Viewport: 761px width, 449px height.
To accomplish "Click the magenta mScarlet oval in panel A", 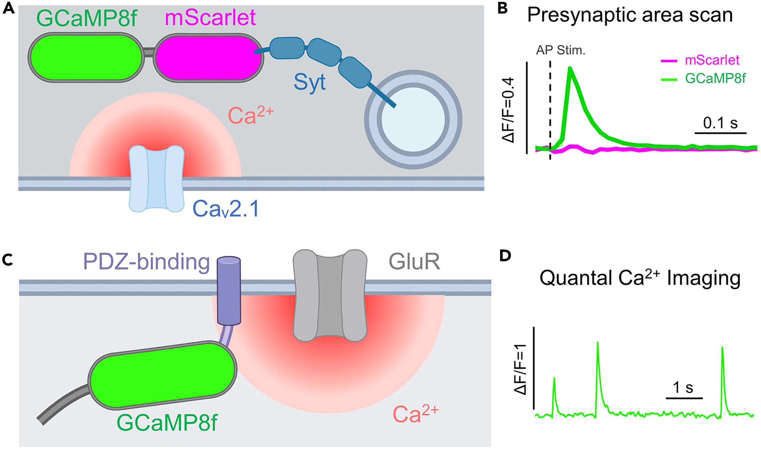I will pos(208,58).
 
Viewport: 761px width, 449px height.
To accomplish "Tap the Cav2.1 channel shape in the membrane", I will pos(156,178).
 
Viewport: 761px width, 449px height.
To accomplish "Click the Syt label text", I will pos(309,83).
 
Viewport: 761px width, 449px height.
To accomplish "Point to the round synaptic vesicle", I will pos(413,119).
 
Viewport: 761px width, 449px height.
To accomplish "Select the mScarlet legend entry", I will pos(711,60).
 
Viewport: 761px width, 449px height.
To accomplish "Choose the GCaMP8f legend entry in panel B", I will pos(715,79).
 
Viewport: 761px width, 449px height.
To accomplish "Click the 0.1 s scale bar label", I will pos(720,123).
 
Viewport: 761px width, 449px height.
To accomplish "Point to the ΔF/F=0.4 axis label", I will pos(508,110).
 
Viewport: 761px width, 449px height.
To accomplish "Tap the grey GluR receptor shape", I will pos(330,295).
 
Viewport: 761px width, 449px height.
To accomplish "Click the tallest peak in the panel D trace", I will pos(597,343).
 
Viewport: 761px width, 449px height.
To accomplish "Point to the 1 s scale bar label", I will pos(683,388).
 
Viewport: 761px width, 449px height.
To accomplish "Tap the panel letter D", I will pos(505,256).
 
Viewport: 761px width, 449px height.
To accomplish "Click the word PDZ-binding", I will pos(146,262).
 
